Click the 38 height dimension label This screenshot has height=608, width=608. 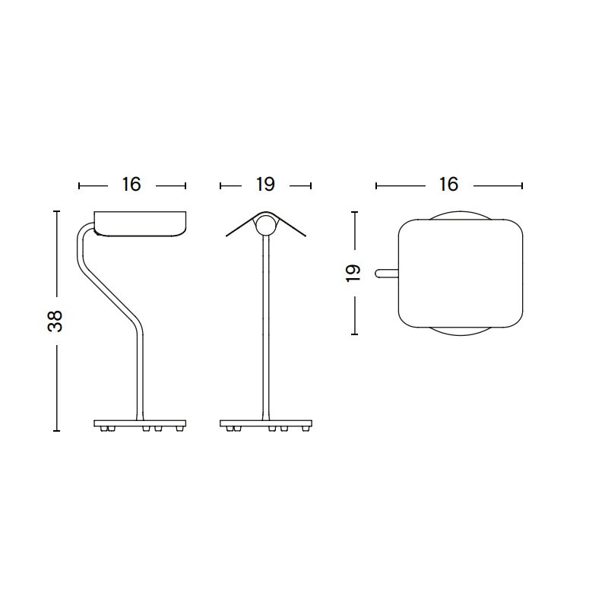(x=55, y=321)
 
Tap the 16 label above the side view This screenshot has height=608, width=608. (x=131, y=185)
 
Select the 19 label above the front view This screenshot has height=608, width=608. (x=265, y=185)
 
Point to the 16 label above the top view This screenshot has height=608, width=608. (x=448, y=185)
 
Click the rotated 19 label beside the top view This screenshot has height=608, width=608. (x=353, y=274)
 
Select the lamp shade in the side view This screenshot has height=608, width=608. (x=141, y=223)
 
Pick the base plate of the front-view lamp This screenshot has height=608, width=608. (x=265, y=423)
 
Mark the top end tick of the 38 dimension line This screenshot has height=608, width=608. (x=56, y=211)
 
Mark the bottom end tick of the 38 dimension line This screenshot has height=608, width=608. (x=56, y=431)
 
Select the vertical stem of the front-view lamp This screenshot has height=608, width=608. (x=265, y=327)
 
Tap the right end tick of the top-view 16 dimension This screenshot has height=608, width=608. (x=523, y=185)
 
